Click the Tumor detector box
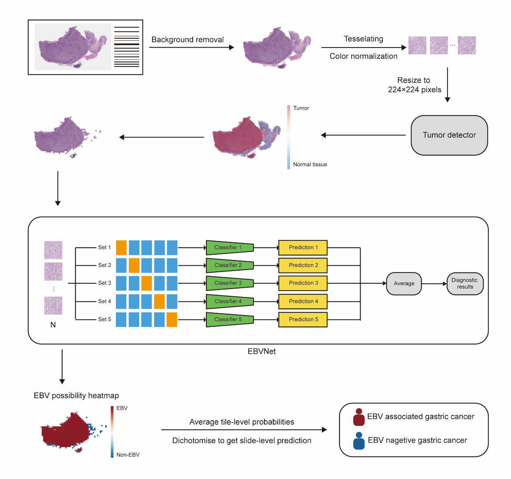click(449, 135)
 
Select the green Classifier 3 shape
click(230, 283)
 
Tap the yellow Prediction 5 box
click(303, 319)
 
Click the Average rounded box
click(404, 283)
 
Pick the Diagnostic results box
click(465, 283)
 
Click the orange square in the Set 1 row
click(121, 248)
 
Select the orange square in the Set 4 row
click(159, 301)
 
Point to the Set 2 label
click(105, 265)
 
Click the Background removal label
click(188, 40)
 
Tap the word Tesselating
click(363, 39)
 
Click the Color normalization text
click(363, 56)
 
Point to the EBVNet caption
click(262, 351)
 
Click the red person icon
click(359, 417)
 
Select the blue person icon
click(359, 441)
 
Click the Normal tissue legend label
click(310, 164)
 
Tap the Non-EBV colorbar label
click(128, 455)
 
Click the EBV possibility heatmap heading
click(76, 396)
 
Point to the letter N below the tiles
click(53, 325)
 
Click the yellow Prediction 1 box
click(303, 248)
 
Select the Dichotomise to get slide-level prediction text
click(241, 441)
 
